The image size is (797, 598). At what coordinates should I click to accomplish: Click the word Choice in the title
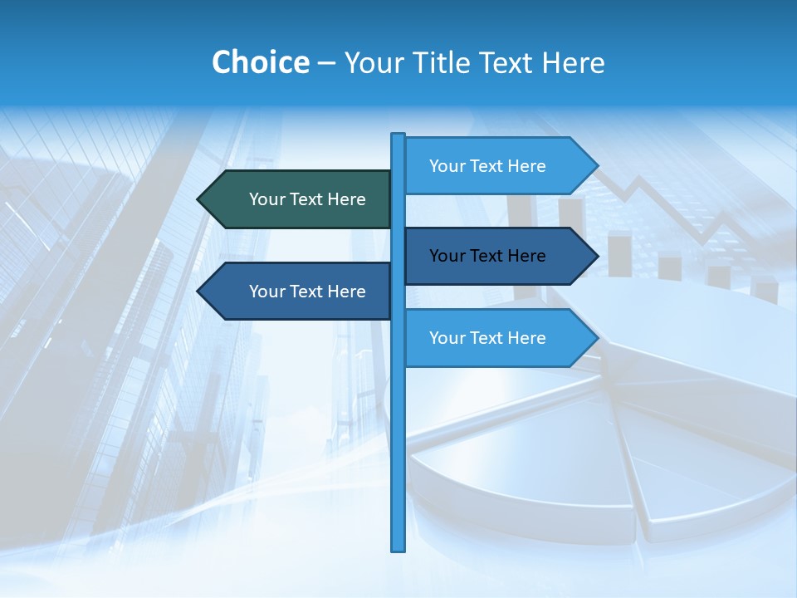(x=260, y=62)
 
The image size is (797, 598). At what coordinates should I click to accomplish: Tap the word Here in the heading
(x=573, y=62)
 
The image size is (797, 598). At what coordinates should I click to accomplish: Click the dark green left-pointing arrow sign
(x=299, y=199)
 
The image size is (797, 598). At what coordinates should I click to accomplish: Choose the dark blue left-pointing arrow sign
(x=299, y=292)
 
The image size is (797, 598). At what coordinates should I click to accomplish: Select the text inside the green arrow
(x=307, y=199)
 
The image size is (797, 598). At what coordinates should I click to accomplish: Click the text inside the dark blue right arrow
(x=487, y=256)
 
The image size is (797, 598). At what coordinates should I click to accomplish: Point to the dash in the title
(x=326, y=63)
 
